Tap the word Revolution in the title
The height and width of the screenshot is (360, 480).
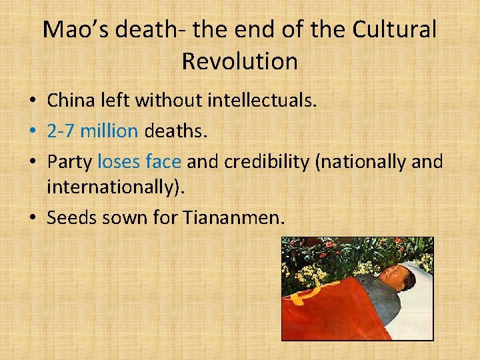(x=239, y=61)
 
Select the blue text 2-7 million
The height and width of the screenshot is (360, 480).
(x=92, y=131)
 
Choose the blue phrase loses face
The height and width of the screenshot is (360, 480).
(x=139, y=161)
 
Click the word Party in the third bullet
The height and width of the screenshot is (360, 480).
(x=70, y=161)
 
